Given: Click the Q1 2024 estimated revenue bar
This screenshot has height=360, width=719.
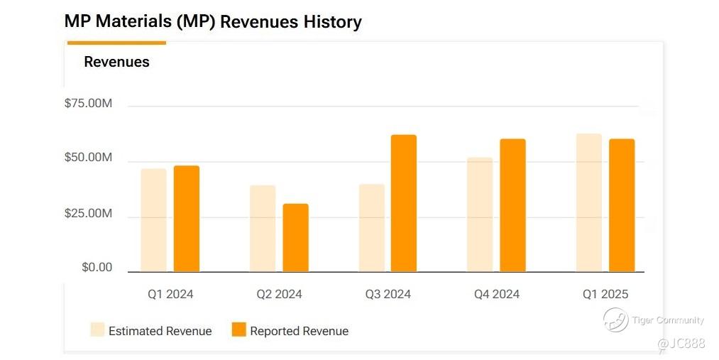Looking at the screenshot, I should tap(153, 220).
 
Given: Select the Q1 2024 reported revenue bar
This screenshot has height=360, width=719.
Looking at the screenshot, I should tap(187, 219).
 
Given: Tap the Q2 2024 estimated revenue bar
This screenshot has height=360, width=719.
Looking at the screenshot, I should tap(263, 229).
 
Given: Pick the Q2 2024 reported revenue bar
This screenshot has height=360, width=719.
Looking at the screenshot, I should tap(295, 238).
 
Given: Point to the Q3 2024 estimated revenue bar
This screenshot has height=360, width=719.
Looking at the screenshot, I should tap(371, 228).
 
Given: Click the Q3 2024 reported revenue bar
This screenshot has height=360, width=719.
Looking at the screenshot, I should tap(404, 203).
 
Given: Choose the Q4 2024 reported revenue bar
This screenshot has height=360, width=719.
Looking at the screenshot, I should tap(512, 205).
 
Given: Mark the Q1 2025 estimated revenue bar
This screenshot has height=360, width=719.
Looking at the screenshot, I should tap(588, 202).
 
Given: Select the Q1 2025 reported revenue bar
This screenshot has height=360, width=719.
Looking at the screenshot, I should tap(622, 205).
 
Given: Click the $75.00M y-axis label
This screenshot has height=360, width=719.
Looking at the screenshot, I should tap(88, 104).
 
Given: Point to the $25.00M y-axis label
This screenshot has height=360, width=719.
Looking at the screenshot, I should tap(88, 214).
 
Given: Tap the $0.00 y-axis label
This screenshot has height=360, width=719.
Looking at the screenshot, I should tap(97, 268).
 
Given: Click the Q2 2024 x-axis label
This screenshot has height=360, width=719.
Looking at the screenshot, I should tap(279, 294).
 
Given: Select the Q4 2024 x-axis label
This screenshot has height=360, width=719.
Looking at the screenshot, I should tap(497, 294).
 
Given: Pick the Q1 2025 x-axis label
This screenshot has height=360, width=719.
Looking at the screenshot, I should tap(605, 294).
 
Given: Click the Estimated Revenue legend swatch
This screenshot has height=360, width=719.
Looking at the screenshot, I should tap(98, 330).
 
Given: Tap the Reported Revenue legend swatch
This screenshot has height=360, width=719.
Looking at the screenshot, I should tap(239, 330).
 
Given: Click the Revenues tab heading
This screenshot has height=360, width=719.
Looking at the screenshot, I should tap(116, 62).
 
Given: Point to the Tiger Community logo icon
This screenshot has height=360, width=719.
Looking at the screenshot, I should tap(615, 320).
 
